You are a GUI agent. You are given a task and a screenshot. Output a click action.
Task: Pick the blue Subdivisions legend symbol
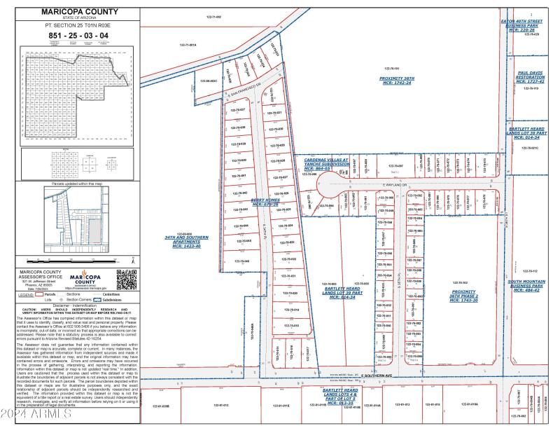click(x=106, y=300)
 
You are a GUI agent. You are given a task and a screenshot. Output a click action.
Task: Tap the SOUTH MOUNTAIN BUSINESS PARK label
click(x=526, y=286)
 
